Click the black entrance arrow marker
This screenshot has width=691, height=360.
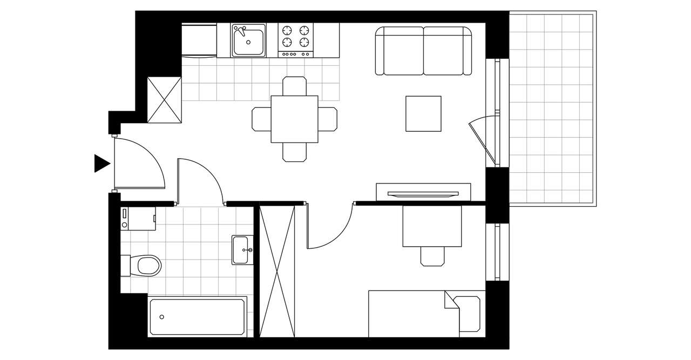[101, 163]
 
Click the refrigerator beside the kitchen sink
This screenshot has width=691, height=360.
[198, 39]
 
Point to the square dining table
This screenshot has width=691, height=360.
[294, 119]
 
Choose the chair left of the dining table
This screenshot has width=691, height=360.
[261, 119]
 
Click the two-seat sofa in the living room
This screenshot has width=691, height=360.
[423, 51]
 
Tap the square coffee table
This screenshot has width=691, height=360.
[424, 113]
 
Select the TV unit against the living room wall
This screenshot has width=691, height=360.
[423, 192]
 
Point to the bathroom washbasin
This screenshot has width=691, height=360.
[243, 250]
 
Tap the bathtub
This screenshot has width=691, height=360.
[198, 316]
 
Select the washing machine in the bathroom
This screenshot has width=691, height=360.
[138, 219]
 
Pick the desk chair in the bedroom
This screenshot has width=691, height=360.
[432, 256]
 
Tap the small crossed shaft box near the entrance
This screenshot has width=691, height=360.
[164, 100]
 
